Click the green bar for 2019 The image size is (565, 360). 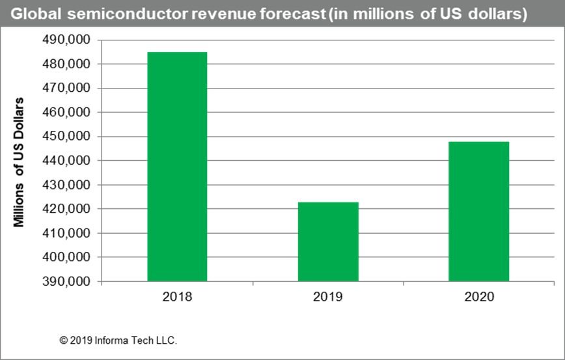click(328, 242)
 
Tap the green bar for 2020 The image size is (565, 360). click(479, 212)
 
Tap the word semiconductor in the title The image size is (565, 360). click(116, 14)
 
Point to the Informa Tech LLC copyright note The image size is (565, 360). click(118, 340)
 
